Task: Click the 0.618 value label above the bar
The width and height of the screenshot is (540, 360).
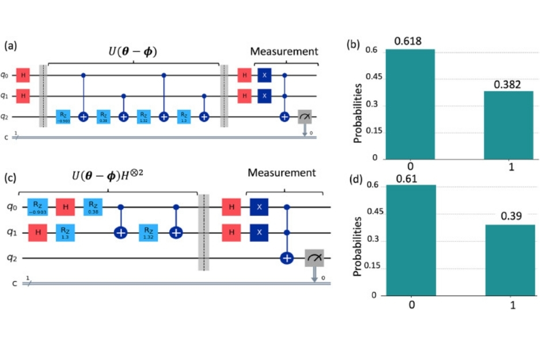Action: pyautogui.click(x=409, y=41)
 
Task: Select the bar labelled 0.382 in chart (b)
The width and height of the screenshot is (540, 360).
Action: pyautogui.click(x=507, y=124)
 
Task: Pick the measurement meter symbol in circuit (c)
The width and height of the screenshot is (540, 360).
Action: pyautogui.click(x=314, y=259)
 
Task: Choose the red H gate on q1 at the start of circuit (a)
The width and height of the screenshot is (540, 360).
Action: pyautogui.click(x=23, y=96)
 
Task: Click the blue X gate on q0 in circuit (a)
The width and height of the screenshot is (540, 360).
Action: pyautogui.click(x=264, y=75)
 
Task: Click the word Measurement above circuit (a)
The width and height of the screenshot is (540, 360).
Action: pyautogui.click(x=284, y=52)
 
